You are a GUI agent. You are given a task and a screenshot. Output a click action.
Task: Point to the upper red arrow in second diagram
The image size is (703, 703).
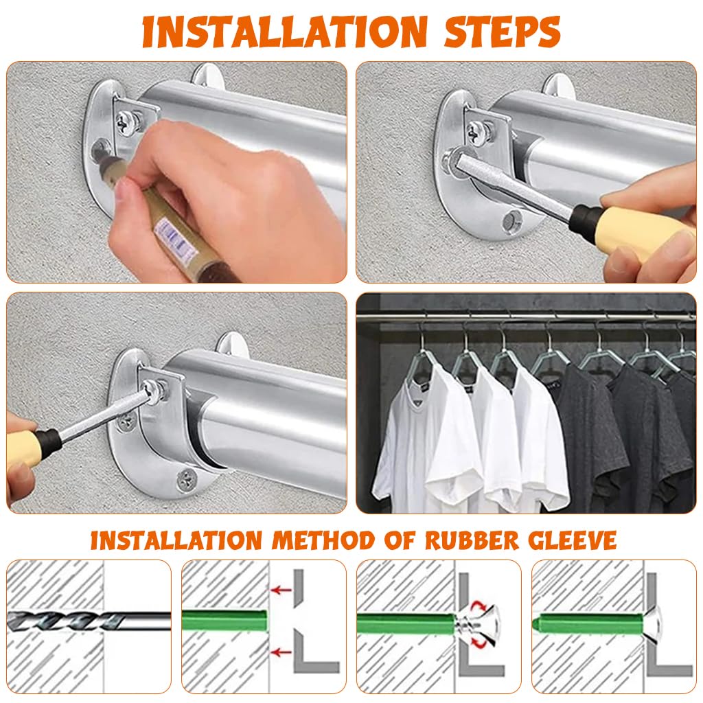pos(280,589)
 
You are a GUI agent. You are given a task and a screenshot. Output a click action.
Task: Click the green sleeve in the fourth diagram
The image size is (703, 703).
pos(590,624)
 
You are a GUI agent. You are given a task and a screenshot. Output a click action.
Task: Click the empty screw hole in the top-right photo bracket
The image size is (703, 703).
pos(511,221)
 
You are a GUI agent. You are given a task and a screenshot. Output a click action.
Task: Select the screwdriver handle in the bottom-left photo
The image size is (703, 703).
pos(24,443)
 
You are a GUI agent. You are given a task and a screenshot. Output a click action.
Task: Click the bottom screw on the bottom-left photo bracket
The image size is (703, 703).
pos(186,479)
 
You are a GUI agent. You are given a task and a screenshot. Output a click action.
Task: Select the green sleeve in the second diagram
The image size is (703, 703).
pos(223,621)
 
